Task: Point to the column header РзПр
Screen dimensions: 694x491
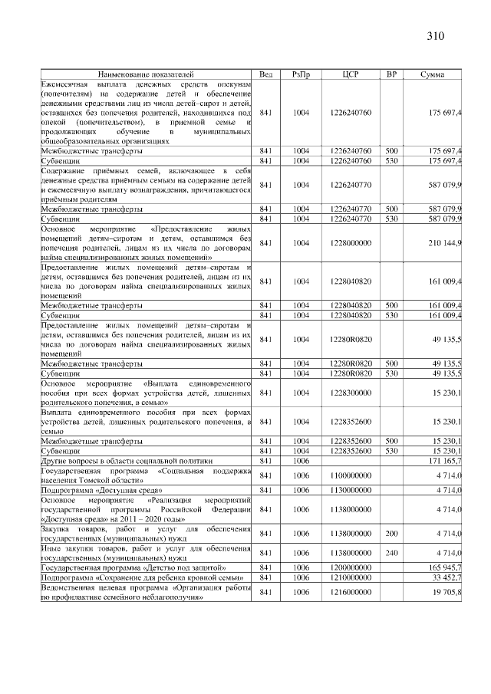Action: click(301, 74)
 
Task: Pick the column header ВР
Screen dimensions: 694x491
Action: click(391, 74)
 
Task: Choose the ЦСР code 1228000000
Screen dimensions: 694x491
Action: click(350, 243)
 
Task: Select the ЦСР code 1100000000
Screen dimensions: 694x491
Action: click(350, 475)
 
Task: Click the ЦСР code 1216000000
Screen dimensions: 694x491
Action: click(350, 592)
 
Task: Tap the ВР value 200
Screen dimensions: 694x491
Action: click(391, 530)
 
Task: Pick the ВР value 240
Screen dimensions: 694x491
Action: click(391, 551)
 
